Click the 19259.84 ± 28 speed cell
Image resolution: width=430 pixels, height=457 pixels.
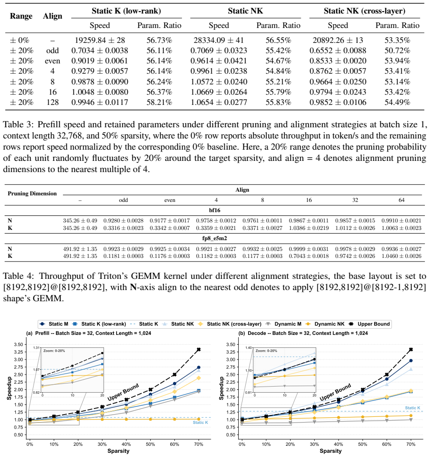(x=100, y=40)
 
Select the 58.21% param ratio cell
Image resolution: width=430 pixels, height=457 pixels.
(x=159, y=102)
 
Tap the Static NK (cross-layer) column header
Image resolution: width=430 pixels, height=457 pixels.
(x=364, y=11)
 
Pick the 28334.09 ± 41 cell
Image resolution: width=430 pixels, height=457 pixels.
(x=219, y=40)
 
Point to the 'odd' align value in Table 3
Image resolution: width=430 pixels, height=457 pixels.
(x=53, y=51)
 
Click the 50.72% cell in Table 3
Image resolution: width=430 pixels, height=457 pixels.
(x=397, y=51)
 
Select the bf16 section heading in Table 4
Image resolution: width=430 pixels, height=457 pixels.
(x=215, y=210)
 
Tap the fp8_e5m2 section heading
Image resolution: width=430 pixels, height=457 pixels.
(x=215, y=238)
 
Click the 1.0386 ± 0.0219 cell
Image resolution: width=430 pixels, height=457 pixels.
(x=309, y=228)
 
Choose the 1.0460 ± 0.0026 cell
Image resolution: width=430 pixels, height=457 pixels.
(x=402, y=256)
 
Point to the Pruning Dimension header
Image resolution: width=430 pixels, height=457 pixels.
(x=32, y=194)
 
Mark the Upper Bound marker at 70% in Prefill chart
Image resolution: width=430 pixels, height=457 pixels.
(x=199, y=349)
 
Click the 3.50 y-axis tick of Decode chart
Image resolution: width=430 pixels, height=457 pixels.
(x=230, y=345)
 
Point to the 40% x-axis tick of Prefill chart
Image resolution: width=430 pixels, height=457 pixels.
(x=126, y=444)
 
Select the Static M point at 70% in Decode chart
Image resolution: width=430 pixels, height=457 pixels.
(x=411, y=360)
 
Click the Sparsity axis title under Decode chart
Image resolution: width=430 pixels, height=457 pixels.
(x=331, y=451)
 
